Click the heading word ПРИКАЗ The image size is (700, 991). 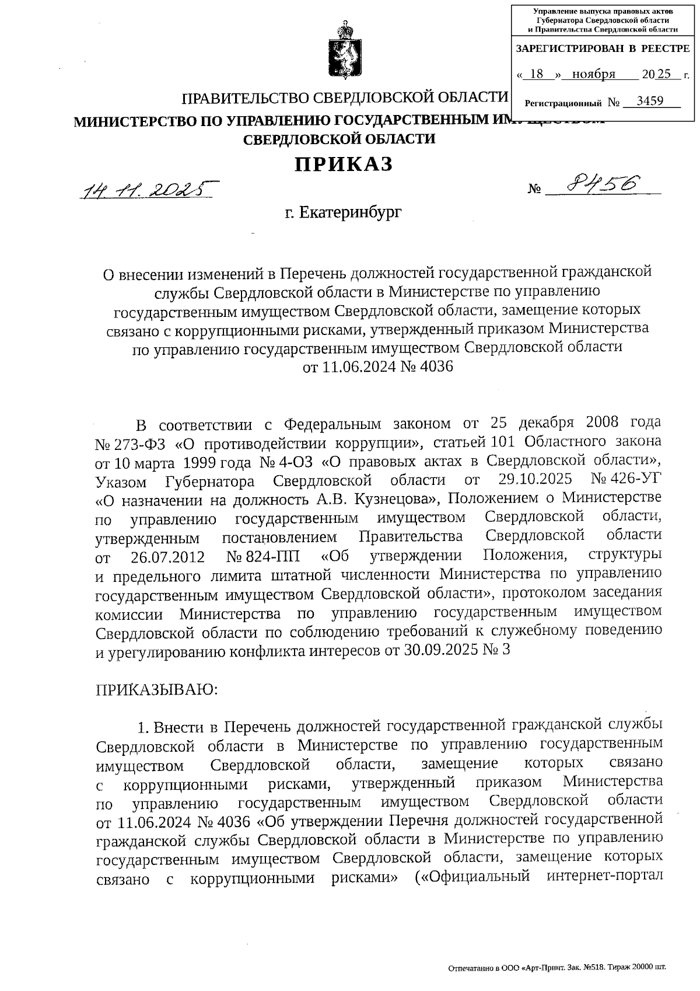click(x=344, y=165)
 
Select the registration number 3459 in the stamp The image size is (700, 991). click(x=650, y=101)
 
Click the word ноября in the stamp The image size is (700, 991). click(x=594, y=74)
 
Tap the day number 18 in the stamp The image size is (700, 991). click(x=538, y=74)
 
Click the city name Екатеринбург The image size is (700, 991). click(x=351, y=212)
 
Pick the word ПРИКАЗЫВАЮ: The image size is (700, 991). click(x=157, y=689)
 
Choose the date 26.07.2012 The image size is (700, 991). click(x=168, y=556)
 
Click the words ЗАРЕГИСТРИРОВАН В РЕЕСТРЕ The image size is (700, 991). click(x=602, y=49)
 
